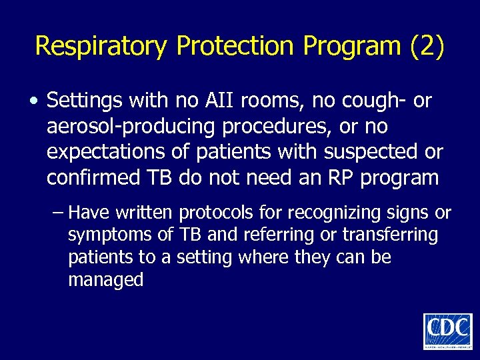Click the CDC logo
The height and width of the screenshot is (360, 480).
click(447, 330)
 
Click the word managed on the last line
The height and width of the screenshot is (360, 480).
click(105, 279)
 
